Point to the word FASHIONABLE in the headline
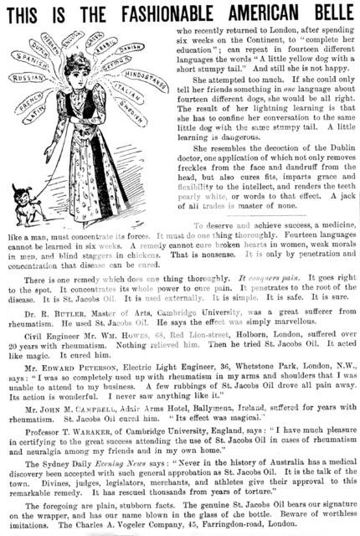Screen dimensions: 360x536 152,12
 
